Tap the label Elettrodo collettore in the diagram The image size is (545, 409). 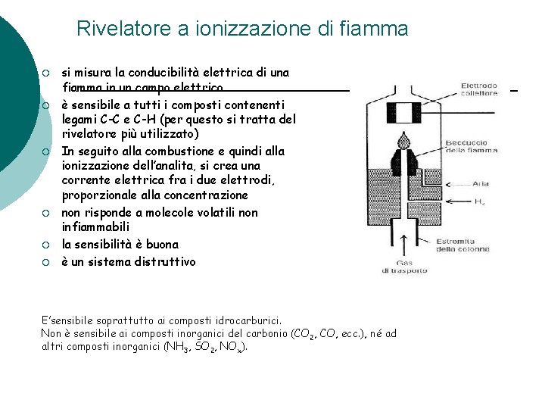pos(479,89)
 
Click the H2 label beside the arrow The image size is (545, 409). pos(480,201)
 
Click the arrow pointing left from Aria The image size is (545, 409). pos(447,183)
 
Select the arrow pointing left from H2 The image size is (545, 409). pos(447,201)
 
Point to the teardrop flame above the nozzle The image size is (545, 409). pos(402,140)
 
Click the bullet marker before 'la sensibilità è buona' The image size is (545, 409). pos(45,245)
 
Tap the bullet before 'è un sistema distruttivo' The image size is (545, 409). pos(45,262)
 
